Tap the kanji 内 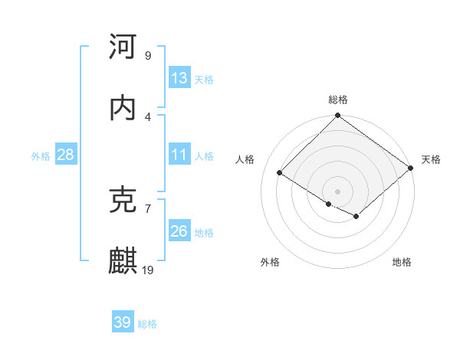click(x=123, y=108)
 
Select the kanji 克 click(x=123, y=200)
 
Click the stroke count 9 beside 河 click(x=148, y=55)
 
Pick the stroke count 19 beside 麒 click(x=149, y=270)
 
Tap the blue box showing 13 click(x=179, y=78)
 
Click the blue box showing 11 click(x=179, y=155)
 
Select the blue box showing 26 click(x=179, y=231)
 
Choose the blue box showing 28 click(x=66, y=155)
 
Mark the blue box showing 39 click(x=123, y=322)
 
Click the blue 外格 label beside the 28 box click(x=41, y=155)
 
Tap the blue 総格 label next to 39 click(x=147, y=324)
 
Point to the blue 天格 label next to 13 click(x=204, y=79)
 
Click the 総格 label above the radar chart click(x=338, y=100)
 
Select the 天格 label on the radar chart click(x=431, y=159)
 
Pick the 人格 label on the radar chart click(x=245, y=159)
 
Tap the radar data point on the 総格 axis click(x=338, y=116)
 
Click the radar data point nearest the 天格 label click(x=411, y=168)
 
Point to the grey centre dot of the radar click(x=338, y=191)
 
